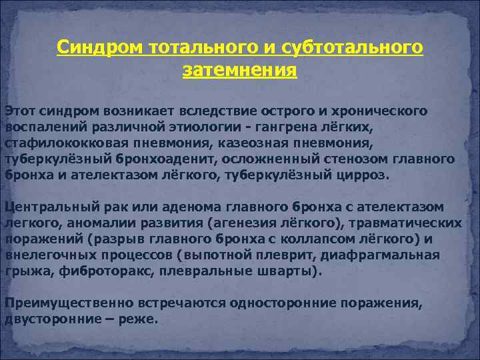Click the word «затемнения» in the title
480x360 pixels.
click(239, 70)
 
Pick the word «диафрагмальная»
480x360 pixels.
click(393, 255)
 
